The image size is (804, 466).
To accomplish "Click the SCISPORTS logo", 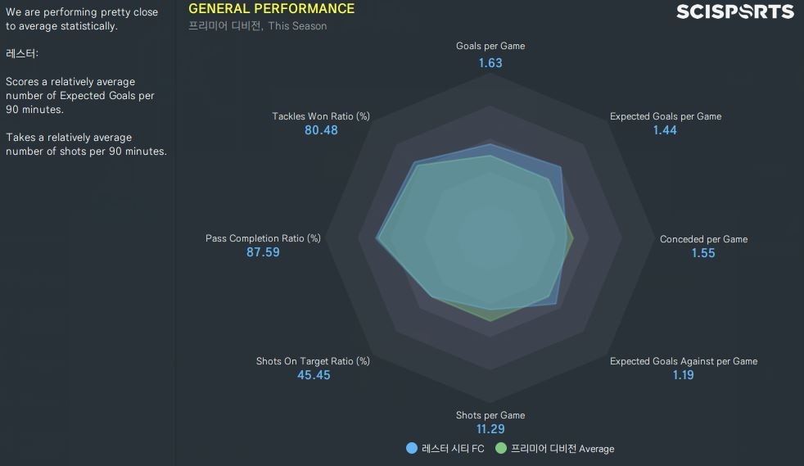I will pyautogui.click(x=734, y=11).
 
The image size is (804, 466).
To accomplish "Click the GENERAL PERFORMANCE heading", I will pyautogui.click(x=272, y=9).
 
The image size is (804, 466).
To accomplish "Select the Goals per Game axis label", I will pyautogui.click(x=490, y=46).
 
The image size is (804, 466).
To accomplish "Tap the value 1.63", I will pyautogui.click(x=490, y=62).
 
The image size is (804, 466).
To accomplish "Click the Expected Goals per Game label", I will pyautogui.click(x=665, y=116).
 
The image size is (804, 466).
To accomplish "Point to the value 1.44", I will pyautogui.click(x=665, y=130).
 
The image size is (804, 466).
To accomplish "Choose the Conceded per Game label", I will pyautogui.click(x=703, y=239).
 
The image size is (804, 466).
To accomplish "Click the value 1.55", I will pyautogui.click(x=702, y=253).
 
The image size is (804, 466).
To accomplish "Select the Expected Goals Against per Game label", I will pyautogui.click(x=683, y=361).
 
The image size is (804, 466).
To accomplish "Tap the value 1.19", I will pyautogui.click(x=683, y=375).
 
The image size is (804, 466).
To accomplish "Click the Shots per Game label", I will pyautogui.click(x=490, y=415).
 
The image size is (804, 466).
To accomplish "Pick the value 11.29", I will pyautogui.click(x=490, y=429).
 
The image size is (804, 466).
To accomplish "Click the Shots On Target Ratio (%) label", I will pyautogui.click(x=313, y=361).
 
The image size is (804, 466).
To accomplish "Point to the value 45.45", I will pyautogui.click(x=314, y=375).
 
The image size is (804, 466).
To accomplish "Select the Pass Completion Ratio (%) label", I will pyautogui.click(x=263, y=238).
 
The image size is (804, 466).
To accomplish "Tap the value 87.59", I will pyautogui.click(x=263, y=252).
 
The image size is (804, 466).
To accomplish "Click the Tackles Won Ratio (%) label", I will pyautogui.click(x=321, y=116).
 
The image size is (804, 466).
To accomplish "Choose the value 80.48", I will pyautogui.click(x=321, y=130).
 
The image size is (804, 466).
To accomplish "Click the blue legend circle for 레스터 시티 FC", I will pyautogui.click(x=412, y=448).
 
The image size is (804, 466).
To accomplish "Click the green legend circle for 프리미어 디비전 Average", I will pyautogui.click(x=501, y=448).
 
